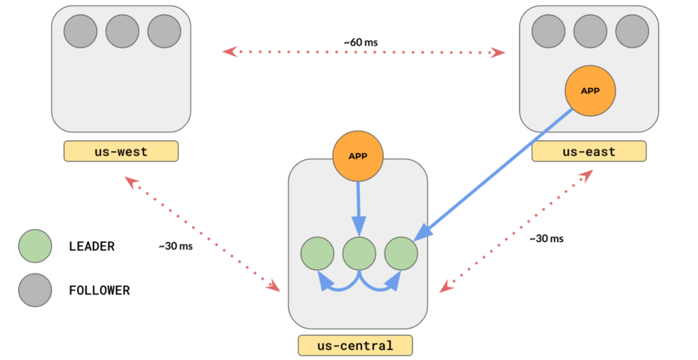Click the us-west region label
point(121,151)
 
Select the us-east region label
point(589,151)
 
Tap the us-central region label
point(355,345)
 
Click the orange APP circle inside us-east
point(590,90)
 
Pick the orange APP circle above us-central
point(358,156)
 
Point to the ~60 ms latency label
point(361,42)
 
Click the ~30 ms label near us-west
point(176,246)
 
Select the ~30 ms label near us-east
point(546,239)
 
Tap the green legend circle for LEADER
point(35,246)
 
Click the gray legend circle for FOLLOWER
point(35,290)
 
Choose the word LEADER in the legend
point(92,247)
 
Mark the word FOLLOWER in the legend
point(100,290)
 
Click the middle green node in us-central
point(359,253)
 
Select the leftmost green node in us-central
point(318,253)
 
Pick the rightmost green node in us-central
point(401,253)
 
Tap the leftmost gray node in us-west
point(80,31)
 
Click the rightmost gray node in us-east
point(632,31)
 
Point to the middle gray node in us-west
point(122,31)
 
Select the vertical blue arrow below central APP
point(359,205)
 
